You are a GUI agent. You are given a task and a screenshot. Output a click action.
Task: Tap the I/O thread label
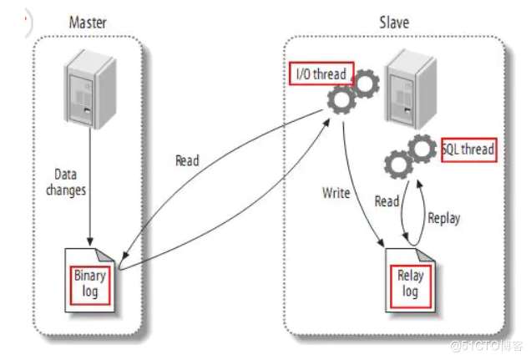pyautogui.click(x=321, y=74)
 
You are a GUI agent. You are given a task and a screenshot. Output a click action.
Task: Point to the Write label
pyautogui.click(x=336, y=193)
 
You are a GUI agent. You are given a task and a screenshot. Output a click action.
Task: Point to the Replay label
pyautogui.click(x=443, y=219)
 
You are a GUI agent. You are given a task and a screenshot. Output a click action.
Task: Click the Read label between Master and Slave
pyautogui.click(x=188, y=160)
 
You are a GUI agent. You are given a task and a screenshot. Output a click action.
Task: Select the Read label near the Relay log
pyautogui.click(x=387, y=201)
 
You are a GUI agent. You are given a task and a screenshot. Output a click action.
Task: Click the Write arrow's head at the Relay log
pyautogui.click(x=383, y=247)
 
